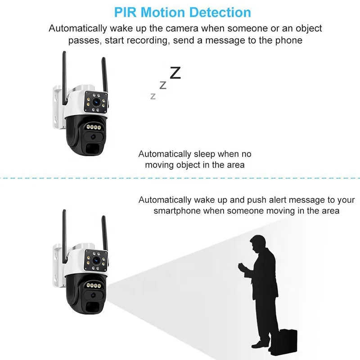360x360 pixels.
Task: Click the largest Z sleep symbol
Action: pyautogui.click(x=175, y=72)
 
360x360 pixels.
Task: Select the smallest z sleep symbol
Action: pyautogui.click(x=153, y=96)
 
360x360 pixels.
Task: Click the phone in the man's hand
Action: pyautogui.click(x=241, y=266)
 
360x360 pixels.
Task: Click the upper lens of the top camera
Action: pyautogui.click(x=96, y=102)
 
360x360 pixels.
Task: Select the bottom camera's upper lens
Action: pyautogui.click(x=96, y=260)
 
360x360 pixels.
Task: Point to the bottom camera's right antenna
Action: pyautogui.click(x=104, y=232)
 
